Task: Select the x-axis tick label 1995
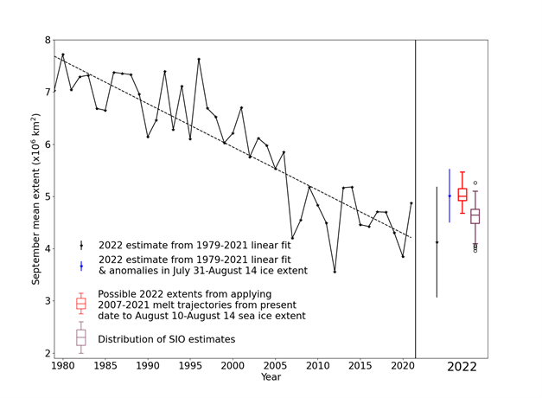190,366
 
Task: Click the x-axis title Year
271,377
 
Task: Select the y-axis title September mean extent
35,198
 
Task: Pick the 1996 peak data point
199,59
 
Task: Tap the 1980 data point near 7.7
62,55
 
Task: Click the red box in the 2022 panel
462,195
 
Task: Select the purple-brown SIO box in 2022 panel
475,216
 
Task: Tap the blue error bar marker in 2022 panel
450,196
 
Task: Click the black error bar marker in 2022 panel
437,242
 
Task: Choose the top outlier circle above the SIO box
475,183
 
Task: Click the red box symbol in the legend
81,304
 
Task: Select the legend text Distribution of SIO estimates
166,339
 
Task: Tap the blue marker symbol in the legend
81,266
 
